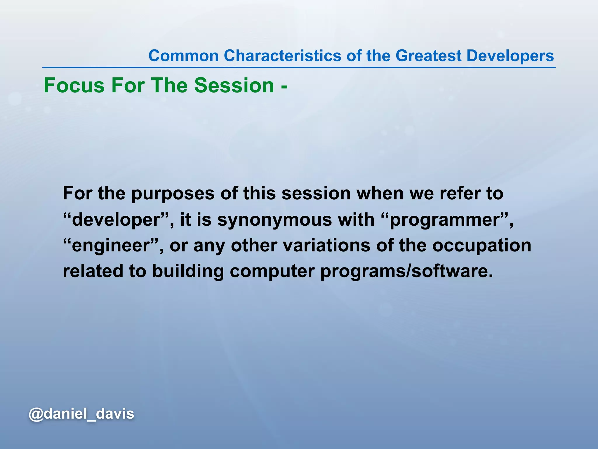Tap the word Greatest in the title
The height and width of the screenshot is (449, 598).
428,56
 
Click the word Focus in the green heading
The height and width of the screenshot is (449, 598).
74,85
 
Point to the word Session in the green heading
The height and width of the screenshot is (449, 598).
234,85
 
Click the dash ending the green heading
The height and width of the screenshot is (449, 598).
284,87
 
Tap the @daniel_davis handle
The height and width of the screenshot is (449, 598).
81,414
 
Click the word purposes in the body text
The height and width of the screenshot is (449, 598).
173,194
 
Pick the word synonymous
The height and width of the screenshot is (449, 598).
274,220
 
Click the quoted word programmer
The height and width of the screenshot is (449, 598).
445,220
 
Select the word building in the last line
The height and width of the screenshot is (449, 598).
188,271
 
